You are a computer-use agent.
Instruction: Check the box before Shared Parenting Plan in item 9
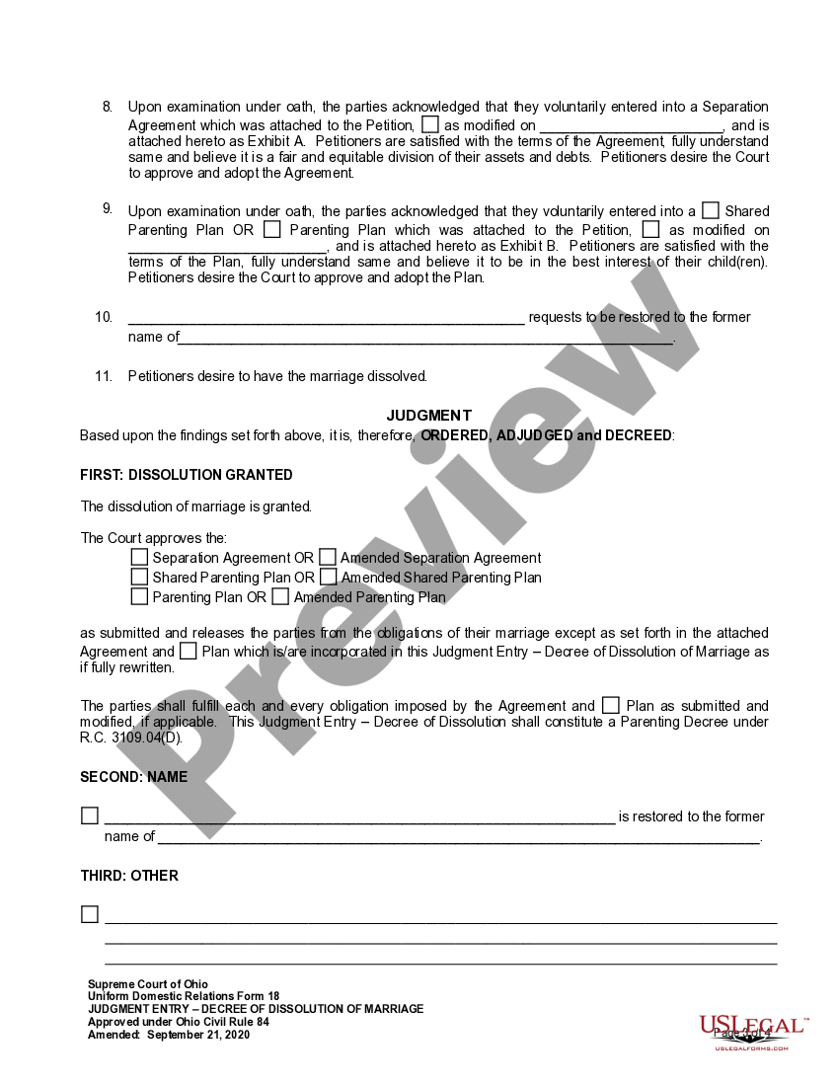(x=711, y=210)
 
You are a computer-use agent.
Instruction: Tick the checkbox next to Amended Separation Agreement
(x=328, y=557)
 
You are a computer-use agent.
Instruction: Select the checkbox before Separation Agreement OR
(x=139, y=557)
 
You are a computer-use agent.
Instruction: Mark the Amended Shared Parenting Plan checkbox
(x=328, y=577)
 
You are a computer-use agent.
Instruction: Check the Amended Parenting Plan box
(x=280, y=596)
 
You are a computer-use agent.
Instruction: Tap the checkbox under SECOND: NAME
(x=90, y=815)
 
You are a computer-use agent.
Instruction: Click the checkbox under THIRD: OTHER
(x=90, y=914)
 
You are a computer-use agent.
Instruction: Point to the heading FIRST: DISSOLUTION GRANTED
(x=186, y=475)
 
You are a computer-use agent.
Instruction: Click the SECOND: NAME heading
(x=133, y=777)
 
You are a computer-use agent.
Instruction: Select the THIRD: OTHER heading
(x=129, y=876)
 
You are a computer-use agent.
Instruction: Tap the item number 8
(x=108, y=106)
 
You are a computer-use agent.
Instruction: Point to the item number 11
(x=105, y=376)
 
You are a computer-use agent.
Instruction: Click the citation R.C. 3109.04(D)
(x=131, y=737)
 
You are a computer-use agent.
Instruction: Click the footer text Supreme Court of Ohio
(x=148, y=984)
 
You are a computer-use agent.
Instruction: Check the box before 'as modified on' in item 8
(x=430, y=124)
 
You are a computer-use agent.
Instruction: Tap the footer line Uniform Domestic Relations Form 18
(x=184, y=997)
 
